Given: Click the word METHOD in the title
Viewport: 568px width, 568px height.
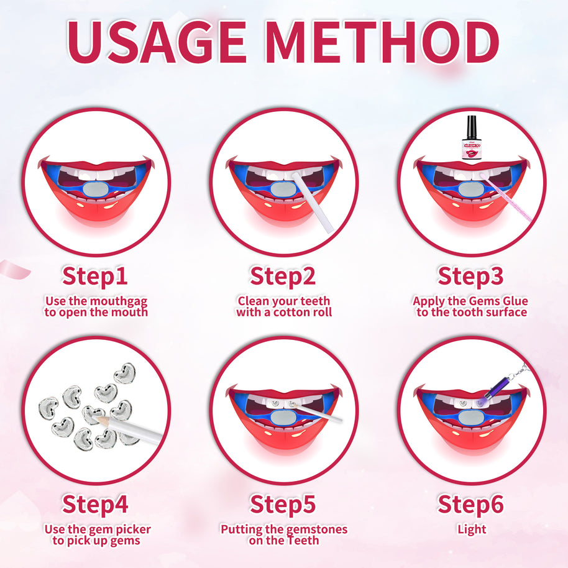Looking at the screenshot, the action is point(384,42).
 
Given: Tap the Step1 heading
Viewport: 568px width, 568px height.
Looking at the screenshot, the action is point(95,277).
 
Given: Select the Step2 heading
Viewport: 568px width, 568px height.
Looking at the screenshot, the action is point(283,277).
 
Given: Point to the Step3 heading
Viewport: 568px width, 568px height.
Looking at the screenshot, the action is point(470,277).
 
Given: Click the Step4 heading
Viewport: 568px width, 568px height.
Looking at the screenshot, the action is point(95,504).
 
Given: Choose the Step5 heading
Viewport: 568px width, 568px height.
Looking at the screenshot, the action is point(283,504).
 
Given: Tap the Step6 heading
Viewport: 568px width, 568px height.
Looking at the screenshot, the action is point(470,504).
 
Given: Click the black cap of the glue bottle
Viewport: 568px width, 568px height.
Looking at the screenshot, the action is point(471,127).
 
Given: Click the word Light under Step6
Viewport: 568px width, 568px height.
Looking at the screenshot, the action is point(471,529).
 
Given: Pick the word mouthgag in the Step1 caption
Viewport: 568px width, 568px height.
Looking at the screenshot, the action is point(119,301).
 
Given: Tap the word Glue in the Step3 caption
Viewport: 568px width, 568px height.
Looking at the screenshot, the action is point(514,301).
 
